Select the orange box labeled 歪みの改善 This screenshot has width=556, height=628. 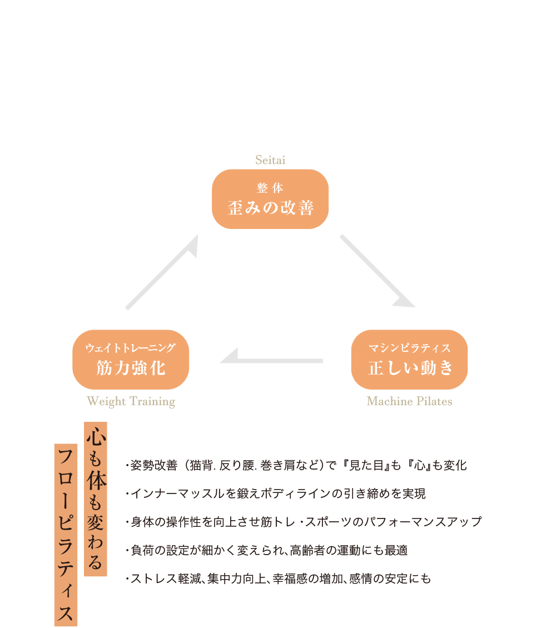point(270,199)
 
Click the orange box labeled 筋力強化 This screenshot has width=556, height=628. point(131,360)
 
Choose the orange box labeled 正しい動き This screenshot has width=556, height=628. point(409,360)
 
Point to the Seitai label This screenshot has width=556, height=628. point(270,161)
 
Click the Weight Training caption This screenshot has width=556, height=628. point(131,401)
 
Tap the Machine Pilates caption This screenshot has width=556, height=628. point(409,401)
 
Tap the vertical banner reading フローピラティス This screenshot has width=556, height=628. point(66,534)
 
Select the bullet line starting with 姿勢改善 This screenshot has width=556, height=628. point(296,465)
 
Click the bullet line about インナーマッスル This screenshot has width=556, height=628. point(276,494)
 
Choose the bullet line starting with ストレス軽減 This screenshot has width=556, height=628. point(278,579)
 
